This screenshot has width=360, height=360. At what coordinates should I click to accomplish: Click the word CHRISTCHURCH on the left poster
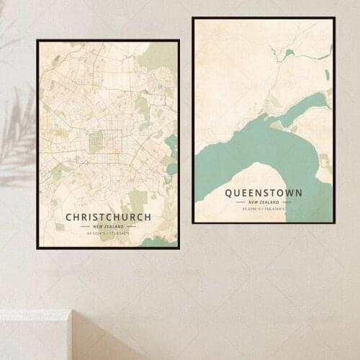click(x=108, y=217)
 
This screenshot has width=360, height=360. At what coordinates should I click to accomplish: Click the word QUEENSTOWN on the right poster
click(x=264, y=193)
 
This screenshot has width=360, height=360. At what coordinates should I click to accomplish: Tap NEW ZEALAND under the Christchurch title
click(x=108, y=226)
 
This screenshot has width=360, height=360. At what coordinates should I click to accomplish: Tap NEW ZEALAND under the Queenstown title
click(x=264, y=202)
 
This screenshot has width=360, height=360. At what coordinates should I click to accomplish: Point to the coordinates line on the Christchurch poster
click(x=108, y=233)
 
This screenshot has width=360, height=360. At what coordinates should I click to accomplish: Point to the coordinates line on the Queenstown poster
click(x=264, y=209)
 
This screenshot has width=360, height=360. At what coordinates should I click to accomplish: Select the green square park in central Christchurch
click(x=96, y=142)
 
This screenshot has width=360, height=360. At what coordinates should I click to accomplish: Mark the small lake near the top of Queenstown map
click(x=289, y=53)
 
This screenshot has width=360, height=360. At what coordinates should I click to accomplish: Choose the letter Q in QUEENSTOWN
click(x=229, y=193)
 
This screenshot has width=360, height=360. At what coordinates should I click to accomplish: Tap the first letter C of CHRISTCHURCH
click(x=69, y=217)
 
